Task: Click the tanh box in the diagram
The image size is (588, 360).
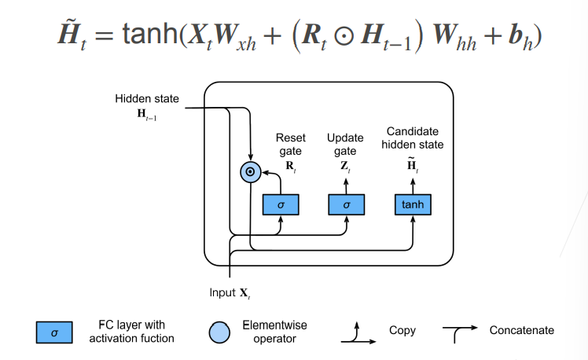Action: click(413, 204)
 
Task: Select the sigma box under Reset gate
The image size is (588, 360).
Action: click(281, 204)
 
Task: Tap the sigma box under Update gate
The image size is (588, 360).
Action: click(347, 204)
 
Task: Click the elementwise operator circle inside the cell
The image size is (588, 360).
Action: click(251, 172)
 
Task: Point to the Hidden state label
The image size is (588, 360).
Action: click(147, 98)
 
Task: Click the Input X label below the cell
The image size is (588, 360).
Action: click(230, 293)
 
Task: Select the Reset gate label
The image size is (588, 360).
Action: click(291, 145)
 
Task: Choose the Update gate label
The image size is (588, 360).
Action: click(345, 145)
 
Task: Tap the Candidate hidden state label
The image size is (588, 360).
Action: click(413, 138)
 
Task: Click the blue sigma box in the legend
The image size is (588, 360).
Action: click(54, 332)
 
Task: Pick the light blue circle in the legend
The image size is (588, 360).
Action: click(219, 332)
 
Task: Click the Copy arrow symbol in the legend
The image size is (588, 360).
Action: click(357, 334)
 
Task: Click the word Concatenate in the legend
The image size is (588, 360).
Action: click(522, 330)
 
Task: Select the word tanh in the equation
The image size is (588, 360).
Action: click(150, 34)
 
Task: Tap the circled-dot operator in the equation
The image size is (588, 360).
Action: click(344, 36)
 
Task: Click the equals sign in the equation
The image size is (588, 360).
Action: click(104, 36)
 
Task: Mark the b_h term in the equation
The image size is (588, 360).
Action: click(520, 38)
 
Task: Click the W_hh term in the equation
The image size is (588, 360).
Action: click(454, 38)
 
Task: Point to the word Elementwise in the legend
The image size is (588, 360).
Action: click(274, 325)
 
